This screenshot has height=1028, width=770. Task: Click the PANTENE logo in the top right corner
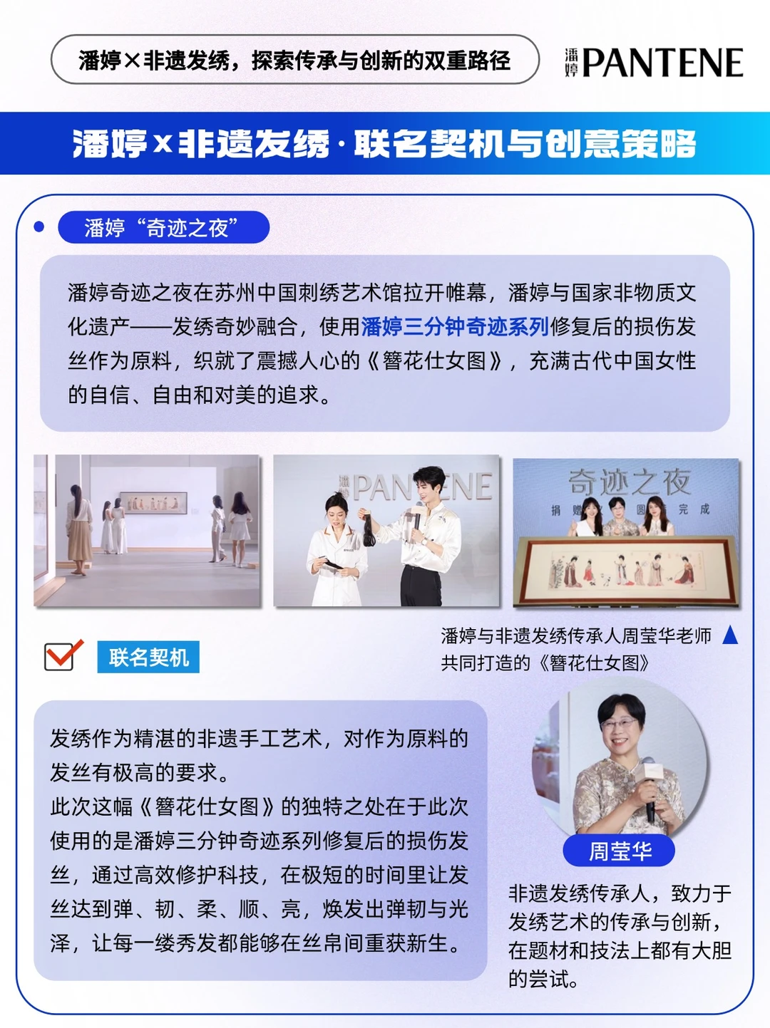click(x=654, y=62)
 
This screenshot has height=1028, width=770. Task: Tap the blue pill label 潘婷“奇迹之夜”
click(x=163, y=227)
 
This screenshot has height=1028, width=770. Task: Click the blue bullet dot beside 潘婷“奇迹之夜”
click(x=39, y=227)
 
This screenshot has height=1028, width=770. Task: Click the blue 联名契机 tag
click(x=148, y=657)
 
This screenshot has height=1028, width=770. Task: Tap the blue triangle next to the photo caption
click(x=730, y=635)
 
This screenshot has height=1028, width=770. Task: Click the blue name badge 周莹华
click(x=619, y=849)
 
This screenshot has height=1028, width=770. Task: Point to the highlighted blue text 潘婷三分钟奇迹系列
click(x=455, y=326)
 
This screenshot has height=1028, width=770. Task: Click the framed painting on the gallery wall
click(x=153, y=503)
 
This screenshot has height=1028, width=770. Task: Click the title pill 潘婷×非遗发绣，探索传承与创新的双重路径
click(x=294, y=59)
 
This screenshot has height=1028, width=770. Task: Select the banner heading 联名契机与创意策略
click(x=525, y=143)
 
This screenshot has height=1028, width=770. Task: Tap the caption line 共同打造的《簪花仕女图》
click(x=545, y=663)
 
